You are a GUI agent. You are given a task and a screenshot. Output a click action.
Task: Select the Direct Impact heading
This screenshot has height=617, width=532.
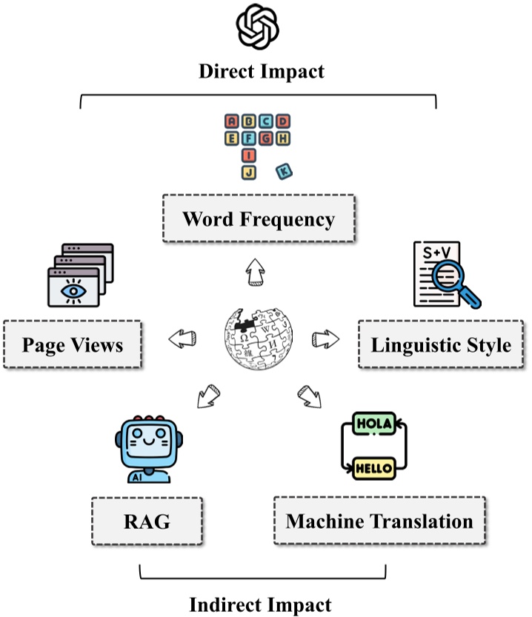tap(261, 72)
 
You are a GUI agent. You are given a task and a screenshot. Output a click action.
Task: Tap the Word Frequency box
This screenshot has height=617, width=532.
tap(258, 220)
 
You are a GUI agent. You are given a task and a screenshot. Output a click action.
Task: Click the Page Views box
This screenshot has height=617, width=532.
tap(72, 345)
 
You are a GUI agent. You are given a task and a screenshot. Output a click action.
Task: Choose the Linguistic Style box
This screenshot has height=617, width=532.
tap(440, 344)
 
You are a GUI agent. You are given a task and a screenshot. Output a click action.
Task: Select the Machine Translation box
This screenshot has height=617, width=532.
tap(379, 521)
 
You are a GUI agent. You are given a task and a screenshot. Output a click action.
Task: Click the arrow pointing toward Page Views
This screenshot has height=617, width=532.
tap(182, 339)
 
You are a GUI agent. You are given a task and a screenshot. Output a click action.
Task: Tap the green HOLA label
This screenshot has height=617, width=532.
tap(376, 424)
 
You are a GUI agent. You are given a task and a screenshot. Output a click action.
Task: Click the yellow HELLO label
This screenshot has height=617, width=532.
tap(374, 469)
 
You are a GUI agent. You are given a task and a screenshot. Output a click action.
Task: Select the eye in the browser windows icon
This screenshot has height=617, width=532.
tap(73, 290)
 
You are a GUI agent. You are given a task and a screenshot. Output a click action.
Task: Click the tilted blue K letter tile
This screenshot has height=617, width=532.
tap(283, 172)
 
